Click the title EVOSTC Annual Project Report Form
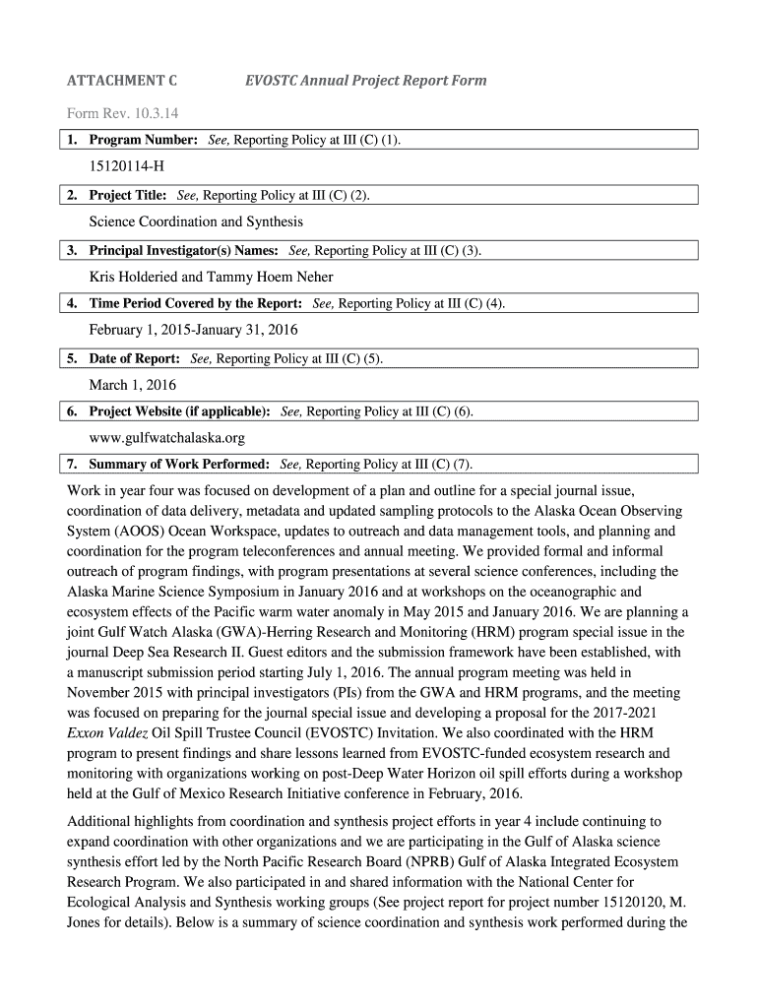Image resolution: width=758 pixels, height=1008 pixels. point(365,81)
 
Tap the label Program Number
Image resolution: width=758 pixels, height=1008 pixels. point(145,141)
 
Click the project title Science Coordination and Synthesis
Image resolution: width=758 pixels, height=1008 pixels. point(196,221)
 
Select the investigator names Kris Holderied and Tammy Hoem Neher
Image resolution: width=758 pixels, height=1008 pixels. point(211,277)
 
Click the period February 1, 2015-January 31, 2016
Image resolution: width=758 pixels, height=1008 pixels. point(193,330)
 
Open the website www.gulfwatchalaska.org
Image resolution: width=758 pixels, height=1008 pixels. point(166,438)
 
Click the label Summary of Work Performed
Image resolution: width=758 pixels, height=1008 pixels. point(180,464)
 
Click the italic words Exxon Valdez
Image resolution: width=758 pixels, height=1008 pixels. point(107,732)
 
